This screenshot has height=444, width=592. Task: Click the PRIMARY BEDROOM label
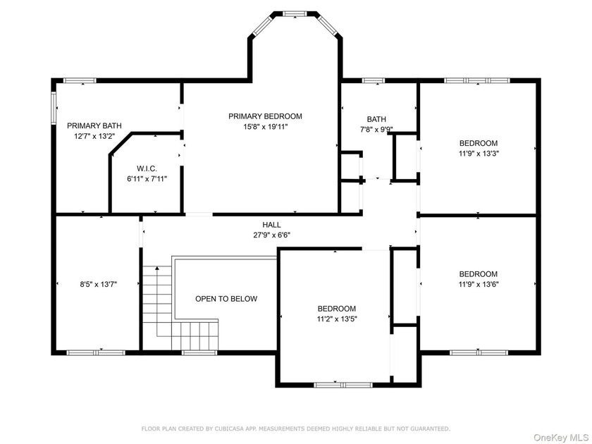tap(265, 116)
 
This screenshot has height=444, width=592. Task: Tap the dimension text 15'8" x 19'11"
tap(266, 127)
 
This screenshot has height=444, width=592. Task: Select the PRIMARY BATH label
tap(94, 125)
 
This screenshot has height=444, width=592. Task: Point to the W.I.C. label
tap(147, 168)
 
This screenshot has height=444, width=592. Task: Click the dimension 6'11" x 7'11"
tap(147, 178)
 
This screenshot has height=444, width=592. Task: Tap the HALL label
tap(271, 225)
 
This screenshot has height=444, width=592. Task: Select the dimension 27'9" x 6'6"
tap(271, 235)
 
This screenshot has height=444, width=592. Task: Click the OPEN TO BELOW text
tap(226, 299)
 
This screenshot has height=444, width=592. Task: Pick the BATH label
tap(376, 119)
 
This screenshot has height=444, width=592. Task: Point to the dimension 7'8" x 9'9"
tap(376, 130)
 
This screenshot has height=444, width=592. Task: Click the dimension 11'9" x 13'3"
tap(479, 154)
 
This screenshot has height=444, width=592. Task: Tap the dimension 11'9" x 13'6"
tap(479, 284)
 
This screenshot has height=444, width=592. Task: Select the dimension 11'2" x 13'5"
tap(337, 319)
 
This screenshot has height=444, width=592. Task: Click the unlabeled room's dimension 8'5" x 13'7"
tap(98, 284)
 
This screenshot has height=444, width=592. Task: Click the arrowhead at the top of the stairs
tap(157, 268)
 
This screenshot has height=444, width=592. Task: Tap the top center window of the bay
tap(295, 14)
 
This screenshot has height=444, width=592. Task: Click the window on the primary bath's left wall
tap(54, 108)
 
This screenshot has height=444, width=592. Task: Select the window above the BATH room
tap(374, 80)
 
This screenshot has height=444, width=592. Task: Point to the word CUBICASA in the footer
tap(229, 429)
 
